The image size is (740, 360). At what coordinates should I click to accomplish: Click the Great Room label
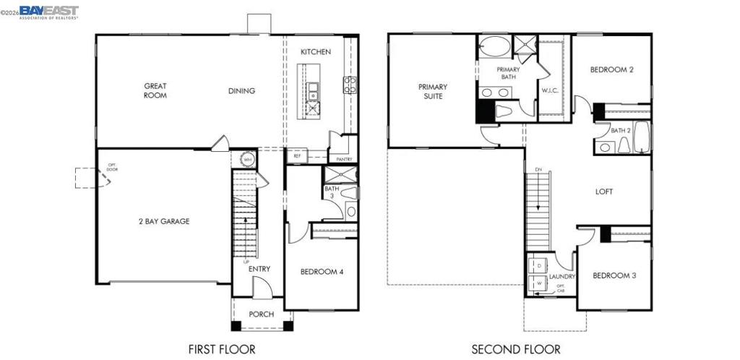(155, 90)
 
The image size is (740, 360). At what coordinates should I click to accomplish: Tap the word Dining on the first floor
(241, 90)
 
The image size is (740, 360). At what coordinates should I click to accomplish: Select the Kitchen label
(316, 51)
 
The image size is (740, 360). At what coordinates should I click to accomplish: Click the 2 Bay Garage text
(164, 221)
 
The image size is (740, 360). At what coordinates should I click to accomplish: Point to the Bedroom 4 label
(322, 272)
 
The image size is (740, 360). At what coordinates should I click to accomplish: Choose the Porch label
(261, 314)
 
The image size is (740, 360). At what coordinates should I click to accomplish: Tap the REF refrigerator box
(297, 155)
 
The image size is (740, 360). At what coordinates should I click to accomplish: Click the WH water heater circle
(247, 160)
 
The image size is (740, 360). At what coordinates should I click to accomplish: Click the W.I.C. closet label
(551, 90)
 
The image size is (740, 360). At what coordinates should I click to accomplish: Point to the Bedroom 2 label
(611, 69)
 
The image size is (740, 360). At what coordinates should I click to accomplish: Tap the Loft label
(604, 192)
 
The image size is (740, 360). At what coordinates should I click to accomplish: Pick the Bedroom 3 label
(614, 275)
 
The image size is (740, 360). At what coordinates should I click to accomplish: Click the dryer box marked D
(538, 266)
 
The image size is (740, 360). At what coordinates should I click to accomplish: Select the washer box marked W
(538, 284)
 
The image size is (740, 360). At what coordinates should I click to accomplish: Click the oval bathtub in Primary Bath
(494, 48)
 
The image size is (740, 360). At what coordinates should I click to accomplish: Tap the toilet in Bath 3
(351, 193)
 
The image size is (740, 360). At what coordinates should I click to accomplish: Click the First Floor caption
(222, 349)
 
